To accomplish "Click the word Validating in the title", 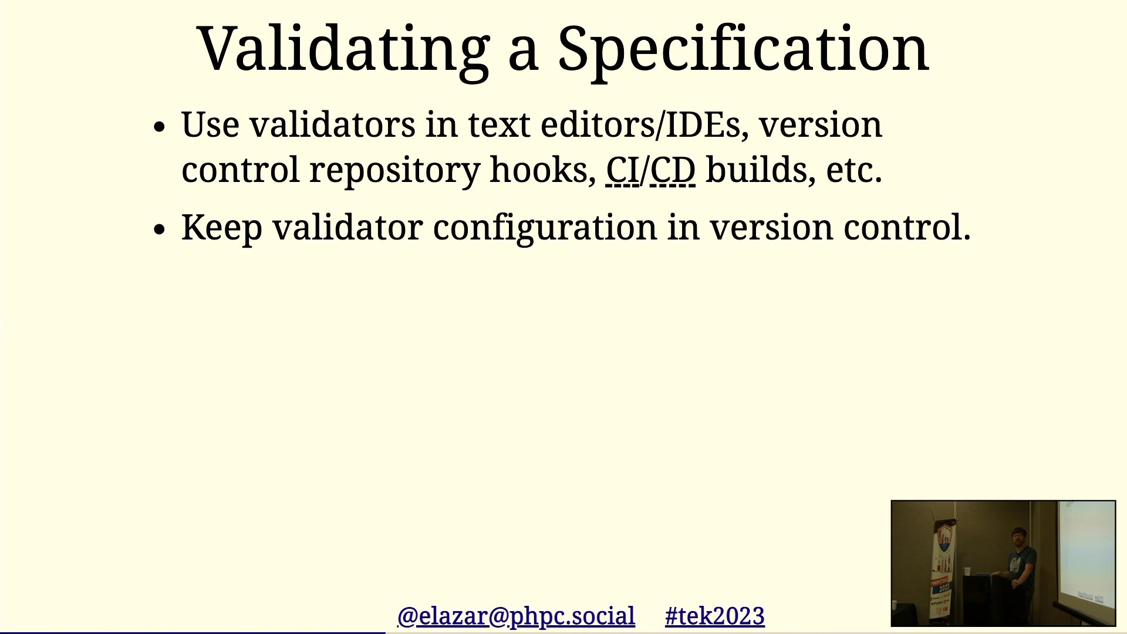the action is tap(344, 50).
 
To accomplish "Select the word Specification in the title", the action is tap(743, 50).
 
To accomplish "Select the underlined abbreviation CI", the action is tap(622, 171).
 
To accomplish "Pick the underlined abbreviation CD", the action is tap(673, 171).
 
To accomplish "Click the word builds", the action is tap(760, 170).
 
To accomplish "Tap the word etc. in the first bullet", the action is tap(854, 171).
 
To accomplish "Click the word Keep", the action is tap(222, 228).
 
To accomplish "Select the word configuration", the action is tap(545, 228).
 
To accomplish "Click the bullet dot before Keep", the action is tap(159, 230).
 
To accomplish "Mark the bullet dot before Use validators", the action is tap(159, 127).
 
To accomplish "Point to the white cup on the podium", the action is tap(967, 571).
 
